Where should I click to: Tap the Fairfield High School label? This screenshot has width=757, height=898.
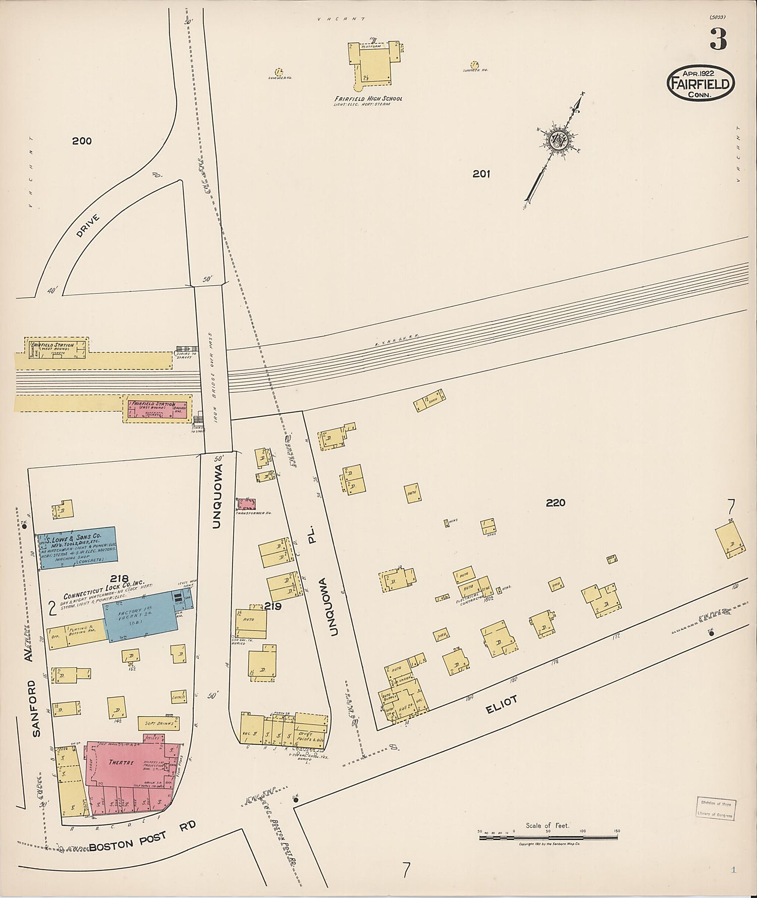[x=368, y=98]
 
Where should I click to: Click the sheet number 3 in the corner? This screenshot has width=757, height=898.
[x=718, y=39]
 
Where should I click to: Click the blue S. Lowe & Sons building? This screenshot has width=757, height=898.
[x=78, y=549]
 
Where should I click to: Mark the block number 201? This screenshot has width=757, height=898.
[x=481, y=174]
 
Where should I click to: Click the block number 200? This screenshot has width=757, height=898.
[x=82, y=141]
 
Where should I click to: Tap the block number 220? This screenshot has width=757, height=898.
[x=555, y=503]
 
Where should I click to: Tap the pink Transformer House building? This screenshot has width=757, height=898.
[x=247, y=504]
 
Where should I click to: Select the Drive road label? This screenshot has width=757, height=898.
[x=89, y=226]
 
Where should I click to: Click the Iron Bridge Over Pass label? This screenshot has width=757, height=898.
[x=213, y=384]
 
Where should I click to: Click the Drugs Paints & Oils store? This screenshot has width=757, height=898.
[x=310, y=736]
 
